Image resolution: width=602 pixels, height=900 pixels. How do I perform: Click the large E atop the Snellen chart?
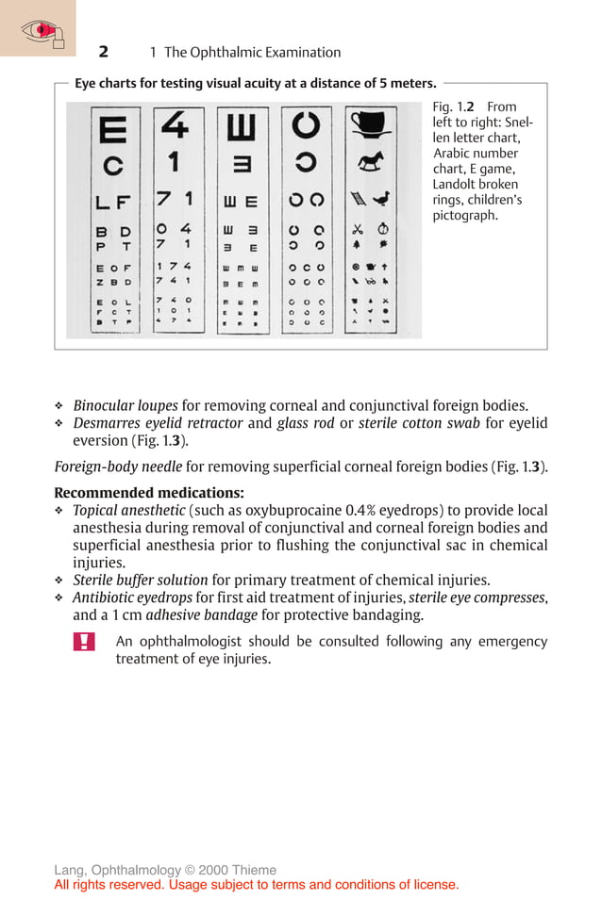[x=112, y=128]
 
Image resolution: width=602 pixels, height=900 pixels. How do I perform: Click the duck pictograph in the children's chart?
[x=382, y=199]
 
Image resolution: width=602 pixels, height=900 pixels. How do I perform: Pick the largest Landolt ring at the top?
[x=306, y=125]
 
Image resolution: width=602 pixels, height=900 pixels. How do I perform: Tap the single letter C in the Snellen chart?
[x=113, y=166]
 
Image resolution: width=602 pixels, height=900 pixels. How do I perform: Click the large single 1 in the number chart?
[x=174, y=162]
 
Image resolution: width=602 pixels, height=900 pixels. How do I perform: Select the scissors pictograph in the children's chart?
[x=358, y=229]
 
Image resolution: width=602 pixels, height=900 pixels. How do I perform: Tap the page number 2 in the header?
[x=104, y=52]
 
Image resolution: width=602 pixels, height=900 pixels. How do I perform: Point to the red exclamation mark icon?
[x=84, y=642]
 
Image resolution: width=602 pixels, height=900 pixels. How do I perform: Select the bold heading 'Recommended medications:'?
[x=149, y=492]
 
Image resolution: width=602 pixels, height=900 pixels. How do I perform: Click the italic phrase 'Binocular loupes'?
[x=125, y=405]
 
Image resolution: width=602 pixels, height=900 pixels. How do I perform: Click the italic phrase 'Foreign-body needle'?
[x=118, y=466]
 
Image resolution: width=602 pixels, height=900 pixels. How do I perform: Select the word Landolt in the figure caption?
[x=455, y=184]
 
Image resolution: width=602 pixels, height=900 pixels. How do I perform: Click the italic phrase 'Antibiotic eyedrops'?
[x=132, y=597]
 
